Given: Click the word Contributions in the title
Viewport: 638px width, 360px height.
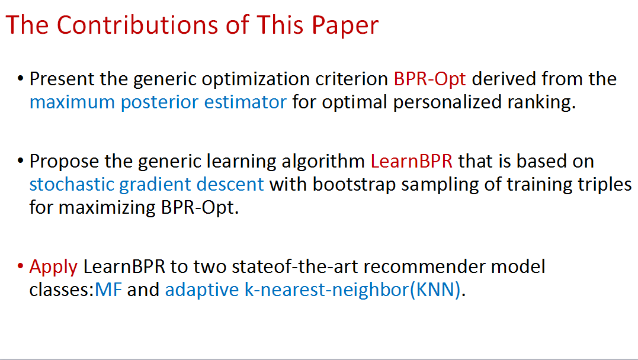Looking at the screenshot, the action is (138, 25).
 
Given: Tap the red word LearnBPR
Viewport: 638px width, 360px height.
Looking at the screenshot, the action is (411, 162).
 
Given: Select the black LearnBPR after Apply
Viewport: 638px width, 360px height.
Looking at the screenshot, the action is (124, 267).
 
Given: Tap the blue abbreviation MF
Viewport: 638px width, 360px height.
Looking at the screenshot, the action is (108, 290).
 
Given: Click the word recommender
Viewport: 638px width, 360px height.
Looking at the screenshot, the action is (424, 267).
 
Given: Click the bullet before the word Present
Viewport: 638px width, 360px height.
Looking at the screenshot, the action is (20, 78).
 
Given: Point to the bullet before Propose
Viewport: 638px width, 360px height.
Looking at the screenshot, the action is (20, 160).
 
